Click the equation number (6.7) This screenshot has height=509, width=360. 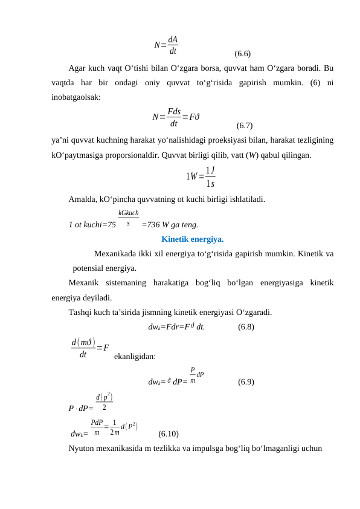point(245,126)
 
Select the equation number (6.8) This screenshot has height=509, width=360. point(246,328)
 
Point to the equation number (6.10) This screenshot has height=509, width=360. point(168,433)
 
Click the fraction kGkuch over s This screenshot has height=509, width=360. point(129,218)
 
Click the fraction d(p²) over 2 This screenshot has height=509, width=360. point(104,401)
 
